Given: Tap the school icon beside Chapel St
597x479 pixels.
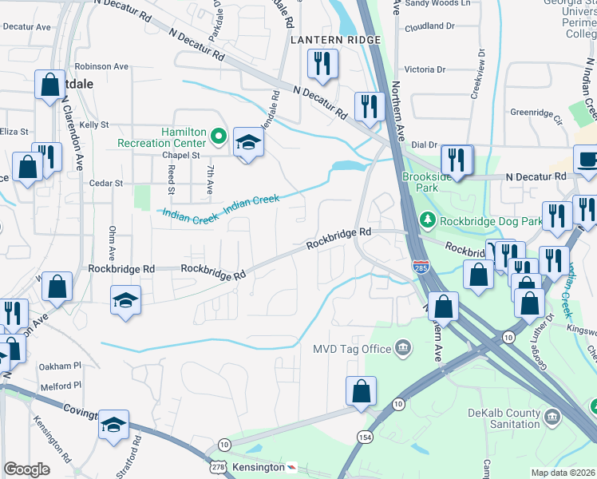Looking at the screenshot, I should coord(248,144).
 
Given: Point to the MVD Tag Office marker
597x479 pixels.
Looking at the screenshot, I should coord(403,348).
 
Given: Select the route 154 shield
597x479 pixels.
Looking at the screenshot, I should coord(364,437).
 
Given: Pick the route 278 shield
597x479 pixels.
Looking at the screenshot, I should coord(217,466).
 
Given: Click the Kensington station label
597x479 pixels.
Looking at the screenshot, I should coord(257,466).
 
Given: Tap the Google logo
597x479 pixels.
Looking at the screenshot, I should coord(26,469).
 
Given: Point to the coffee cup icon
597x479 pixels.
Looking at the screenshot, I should coord(587,159).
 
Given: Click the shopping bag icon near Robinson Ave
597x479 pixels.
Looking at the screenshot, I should coord(49,85).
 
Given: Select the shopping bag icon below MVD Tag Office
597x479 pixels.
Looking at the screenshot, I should coord(361,391).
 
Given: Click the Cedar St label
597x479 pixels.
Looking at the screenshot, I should coord(106,183).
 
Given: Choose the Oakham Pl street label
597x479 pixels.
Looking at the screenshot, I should coord(61,366).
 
